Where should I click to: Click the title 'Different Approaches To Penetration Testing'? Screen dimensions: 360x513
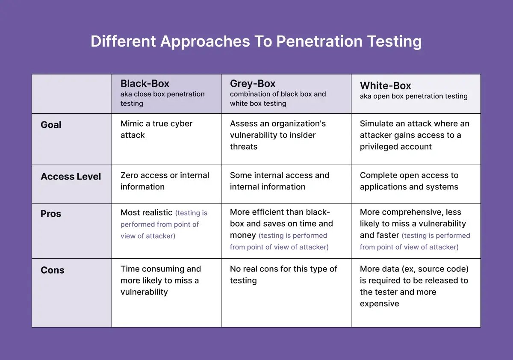pos(256,41)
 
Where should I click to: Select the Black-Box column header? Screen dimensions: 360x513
pos(145,84)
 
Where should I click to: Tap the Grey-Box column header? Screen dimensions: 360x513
pos(253,84)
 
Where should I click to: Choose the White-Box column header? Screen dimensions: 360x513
pos(386,86)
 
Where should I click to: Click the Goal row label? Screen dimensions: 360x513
pos(51,125)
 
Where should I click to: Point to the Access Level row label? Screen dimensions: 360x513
pos(71,177)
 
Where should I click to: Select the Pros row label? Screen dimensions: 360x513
pos(51,214)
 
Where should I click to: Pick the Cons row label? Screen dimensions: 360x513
pos(52,270)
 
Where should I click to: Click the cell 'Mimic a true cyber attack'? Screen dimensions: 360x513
pos(156,129)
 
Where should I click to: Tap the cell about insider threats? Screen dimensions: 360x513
pos(278,135)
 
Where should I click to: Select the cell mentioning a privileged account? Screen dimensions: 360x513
pos(414,135)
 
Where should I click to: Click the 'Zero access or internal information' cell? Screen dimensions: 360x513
pos(165,181)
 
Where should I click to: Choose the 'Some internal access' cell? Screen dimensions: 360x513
pos(280,181)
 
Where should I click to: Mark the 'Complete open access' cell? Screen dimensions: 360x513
pos(409,181)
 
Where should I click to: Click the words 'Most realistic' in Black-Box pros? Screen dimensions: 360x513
pos(146,212)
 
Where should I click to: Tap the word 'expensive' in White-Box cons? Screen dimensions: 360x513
pos(379,304)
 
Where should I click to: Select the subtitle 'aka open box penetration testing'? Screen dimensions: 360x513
pos(413,96)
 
